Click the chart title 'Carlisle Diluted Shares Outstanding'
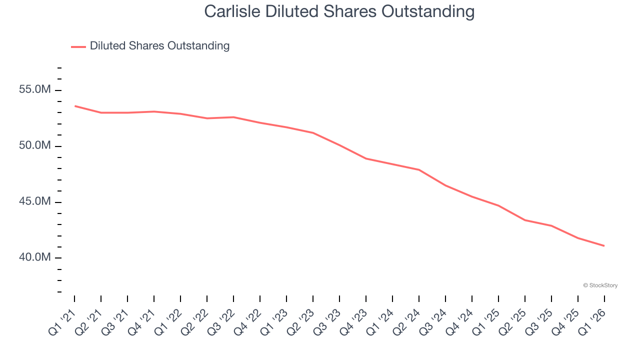[x=339, y=11]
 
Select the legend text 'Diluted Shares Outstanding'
[x=159, y=46]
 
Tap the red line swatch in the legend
[x=78, y=46]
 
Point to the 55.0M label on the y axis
[x=34, y=90]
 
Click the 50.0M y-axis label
[x=34, y=146]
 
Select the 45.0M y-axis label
[x=34, y=202]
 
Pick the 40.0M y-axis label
[x=34, y=257]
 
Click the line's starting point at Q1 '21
[x=74, y=106]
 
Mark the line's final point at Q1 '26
[x=604, y=245]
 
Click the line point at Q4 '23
[x=366, y=158]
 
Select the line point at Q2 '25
[x=525, y=220]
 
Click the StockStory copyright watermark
[x=600, y=285]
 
